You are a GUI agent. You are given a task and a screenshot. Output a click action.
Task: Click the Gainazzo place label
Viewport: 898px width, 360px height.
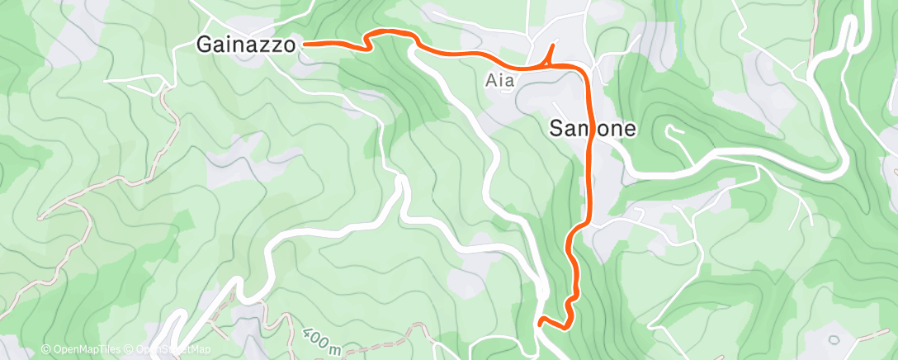247,45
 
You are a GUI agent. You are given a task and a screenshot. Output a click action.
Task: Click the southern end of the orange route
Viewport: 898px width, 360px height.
539,323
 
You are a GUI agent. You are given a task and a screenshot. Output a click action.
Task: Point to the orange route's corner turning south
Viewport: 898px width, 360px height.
584,69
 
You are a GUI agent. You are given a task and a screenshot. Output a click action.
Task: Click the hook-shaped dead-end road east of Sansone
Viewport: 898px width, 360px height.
673,130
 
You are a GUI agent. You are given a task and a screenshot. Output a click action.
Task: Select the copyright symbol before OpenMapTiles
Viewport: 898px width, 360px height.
46,349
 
